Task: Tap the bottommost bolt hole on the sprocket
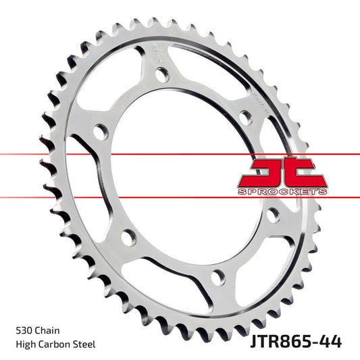[217, 274]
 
